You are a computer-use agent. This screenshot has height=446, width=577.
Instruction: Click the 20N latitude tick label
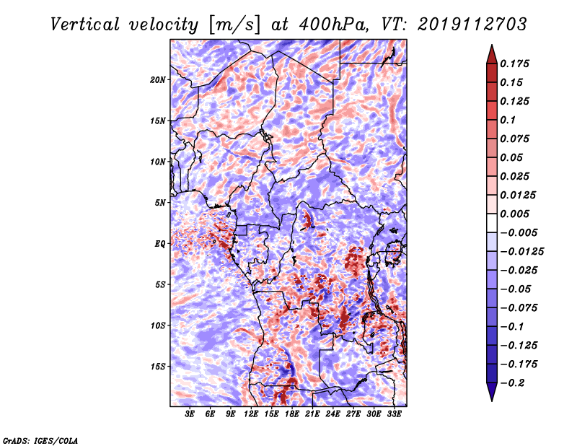(158, 80)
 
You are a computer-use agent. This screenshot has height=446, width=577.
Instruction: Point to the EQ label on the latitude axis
(160, 244)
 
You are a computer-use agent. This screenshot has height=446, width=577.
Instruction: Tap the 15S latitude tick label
(158, 367)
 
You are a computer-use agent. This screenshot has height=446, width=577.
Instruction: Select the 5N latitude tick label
(160, 203)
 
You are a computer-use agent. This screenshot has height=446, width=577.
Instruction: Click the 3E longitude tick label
(190, 414)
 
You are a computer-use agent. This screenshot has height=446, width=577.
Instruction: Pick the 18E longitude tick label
(292, 414)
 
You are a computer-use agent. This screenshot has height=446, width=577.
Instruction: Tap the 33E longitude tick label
(394, 414)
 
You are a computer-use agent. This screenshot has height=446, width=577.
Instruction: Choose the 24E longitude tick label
(332, 414)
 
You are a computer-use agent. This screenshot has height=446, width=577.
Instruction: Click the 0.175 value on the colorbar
(514, 64)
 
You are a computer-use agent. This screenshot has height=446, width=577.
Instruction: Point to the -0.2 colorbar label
(513, 383)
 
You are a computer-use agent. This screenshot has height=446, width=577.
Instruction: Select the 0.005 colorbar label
(514, 214)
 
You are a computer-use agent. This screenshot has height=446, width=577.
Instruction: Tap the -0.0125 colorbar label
(521, 252)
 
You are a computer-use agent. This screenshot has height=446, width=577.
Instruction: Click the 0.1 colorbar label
(508, 120)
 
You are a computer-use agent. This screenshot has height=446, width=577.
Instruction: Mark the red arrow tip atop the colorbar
(492, 45)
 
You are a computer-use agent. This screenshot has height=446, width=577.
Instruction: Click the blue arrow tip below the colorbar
(492, 401)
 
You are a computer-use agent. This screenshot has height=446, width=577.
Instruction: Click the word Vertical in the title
(85, 25)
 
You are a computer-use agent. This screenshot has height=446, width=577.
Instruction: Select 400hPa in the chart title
(333, 25)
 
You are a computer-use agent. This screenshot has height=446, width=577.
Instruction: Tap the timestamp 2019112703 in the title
(472, 25)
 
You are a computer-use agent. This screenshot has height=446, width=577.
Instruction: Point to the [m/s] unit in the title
(234, 25)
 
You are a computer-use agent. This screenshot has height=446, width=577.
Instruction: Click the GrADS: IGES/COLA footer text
(40, 441)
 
